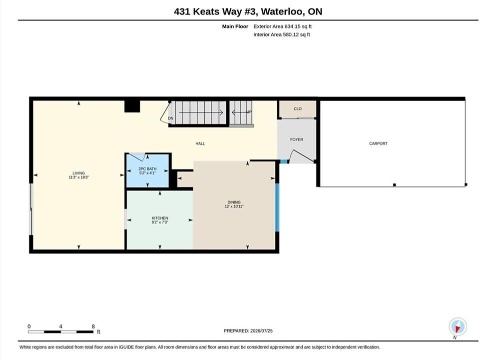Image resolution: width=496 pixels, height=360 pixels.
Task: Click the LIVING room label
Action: [79, 173]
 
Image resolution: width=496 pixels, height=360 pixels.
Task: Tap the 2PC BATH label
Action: [147, 169]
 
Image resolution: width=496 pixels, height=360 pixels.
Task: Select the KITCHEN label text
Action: [160, 218]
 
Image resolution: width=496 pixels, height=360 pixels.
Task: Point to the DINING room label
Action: [234, 202]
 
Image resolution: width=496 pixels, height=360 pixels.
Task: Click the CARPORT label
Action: [378, 143]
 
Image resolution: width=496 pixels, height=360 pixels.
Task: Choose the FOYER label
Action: [297, 139]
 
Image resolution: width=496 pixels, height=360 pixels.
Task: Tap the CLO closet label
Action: [298, 108]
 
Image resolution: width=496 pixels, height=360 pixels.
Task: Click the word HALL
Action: [200, 143]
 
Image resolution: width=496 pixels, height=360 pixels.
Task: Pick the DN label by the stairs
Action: [171, 118]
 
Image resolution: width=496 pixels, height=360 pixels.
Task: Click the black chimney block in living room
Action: [132, 106]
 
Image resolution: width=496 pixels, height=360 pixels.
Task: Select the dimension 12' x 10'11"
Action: [234, 206]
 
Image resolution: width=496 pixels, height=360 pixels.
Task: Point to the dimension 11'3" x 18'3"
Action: [79, 177]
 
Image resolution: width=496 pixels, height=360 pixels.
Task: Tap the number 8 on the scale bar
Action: [93, 326]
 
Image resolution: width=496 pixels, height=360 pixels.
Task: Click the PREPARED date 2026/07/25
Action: [261, 331]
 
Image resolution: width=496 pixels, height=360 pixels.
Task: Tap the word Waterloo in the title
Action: [283, 11]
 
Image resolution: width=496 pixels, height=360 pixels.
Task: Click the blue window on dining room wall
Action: [277, 207]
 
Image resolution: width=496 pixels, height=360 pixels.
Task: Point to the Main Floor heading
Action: [235, 26]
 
